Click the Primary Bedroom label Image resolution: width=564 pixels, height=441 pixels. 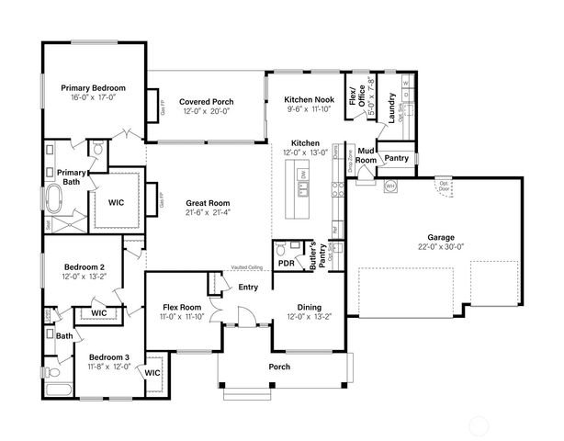point(94,88)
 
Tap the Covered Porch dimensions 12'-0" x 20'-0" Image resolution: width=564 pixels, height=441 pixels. point(206,110)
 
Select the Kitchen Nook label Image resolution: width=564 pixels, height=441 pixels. point(309,98)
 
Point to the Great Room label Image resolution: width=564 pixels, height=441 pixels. point(208,203)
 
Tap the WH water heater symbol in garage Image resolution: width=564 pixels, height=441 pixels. point(389,187)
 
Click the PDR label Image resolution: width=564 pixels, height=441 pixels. point(286,263)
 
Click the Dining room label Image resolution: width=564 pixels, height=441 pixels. point(308,308)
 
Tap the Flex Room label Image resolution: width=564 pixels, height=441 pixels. point(182,308)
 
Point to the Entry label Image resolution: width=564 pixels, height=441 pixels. point(248,288)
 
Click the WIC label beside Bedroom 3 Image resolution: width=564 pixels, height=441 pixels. point(152,372)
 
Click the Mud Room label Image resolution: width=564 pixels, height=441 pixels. point(366,154)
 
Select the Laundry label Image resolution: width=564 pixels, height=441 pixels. point(392,108)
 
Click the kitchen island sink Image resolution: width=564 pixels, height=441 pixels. point(302,189)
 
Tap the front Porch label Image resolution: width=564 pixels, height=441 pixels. point(278,367)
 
